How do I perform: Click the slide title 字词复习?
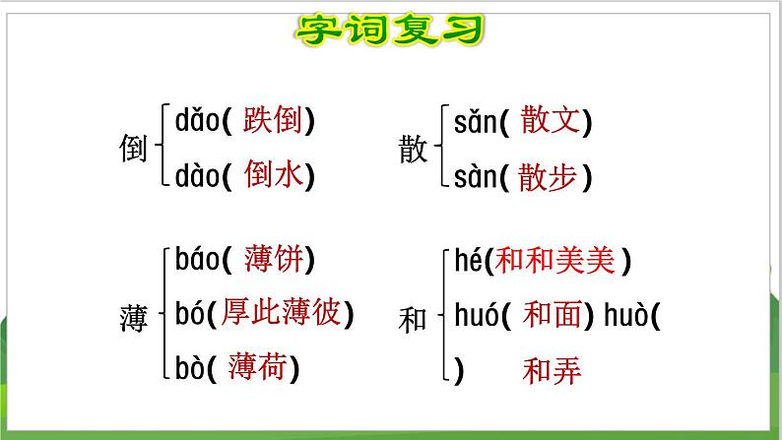pos(390,30)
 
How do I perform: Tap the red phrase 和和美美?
pos(555,260)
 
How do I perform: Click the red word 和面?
pos(552,314)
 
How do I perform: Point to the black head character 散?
pos(414,150)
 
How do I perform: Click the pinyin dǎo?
pos(195,121)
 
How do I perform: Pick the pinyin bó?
pos(189,313)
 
